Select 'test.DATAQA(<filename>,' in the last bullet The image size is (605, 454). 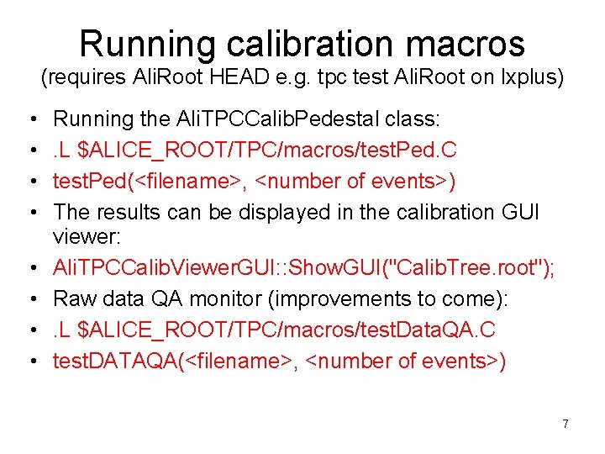tap(159, 361)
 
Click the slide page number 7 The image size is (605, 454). tap(566, 424)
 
